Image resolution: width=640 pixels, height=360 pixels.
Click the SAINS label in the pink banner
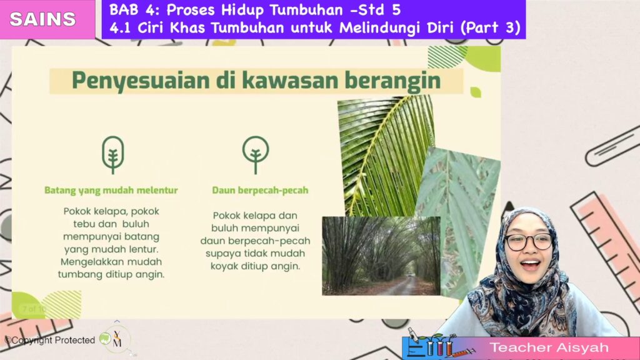[43, 19]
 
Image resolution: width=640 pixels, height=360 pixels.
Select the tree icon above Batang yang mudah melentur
[112, 155]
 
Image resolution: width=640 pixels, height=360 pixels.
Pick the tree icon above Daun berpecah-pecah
[256, 155]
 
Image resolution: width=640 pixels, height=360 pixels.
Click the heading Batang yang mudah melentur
[111, 190]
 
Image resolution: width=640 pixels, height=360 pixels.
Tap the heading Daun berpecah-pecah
[260, 190]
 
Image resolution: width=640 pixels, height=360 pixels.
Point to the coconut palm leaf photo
[386, 155]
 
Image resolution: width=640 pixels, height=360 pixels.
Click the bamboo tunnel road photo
[381, 256]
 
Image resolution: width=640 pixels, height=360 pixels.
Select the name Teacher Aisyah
[549, 347]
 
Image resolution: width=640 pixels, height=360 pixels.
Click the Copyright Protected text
[50, 340]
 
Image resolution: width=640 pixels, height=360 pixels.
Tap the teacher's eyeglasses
[528, 242]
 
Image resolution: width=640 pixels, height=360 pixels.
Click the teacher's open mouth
[530, 265]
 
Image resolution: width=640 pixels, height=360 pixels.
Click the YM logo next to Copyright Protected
[116, 339]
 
